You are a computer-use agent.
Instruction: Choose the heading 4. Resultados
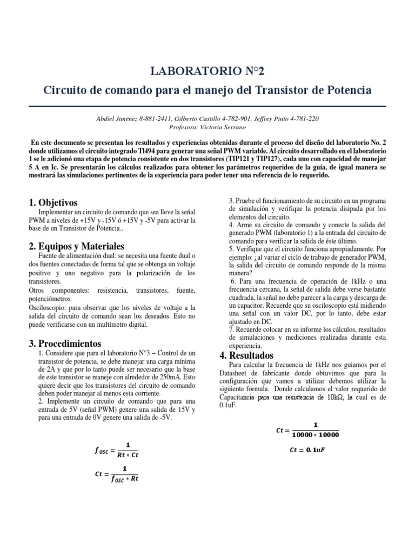pyautogui.click(x=246, y=355)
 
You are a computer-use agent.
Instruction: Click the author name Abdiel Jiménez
pyautogui.click(x=115, y=118)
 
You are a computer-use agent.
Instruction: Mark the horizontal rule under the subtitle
pyautogui.click(x=207, y=106)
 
